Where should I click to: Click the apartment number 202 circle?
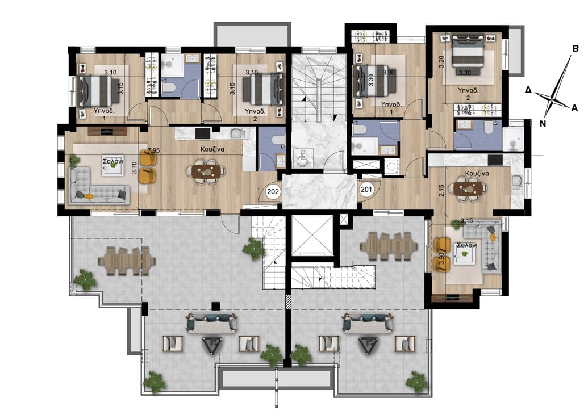(273, 192)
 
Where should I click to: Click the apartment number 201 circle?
(366, 189)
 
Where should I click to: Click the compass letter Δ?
(528, 90)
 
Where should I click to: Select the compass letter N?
(543, 124)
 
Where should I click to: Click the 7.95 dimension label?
(154, 150)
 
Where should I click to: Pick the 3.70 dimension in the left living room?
(134, 167)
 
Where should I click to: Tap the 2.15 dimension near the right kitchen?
(441, 191)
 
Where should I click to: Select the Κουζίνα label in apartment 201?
(477, 174)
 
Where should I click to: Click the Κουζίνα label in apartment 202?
(212, 149)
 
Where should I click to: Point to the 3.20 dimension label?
(441, 62)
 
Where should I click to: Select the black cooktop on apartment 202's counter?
(203, 133)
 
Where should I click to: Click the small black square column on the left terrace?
(215, 306)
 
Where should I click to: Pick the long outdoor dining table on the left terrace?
(127, 260)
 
